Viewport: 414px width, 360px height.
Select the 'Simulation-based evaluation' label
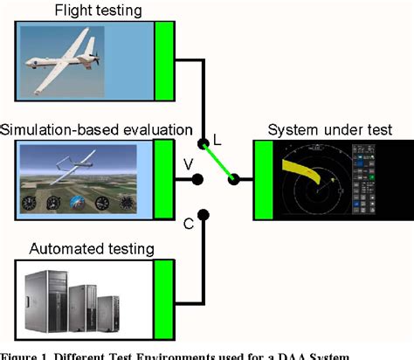97,129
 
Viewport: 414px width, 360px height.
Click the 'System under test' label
328,129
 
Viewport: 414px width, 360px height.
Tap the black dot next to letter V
199,180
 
